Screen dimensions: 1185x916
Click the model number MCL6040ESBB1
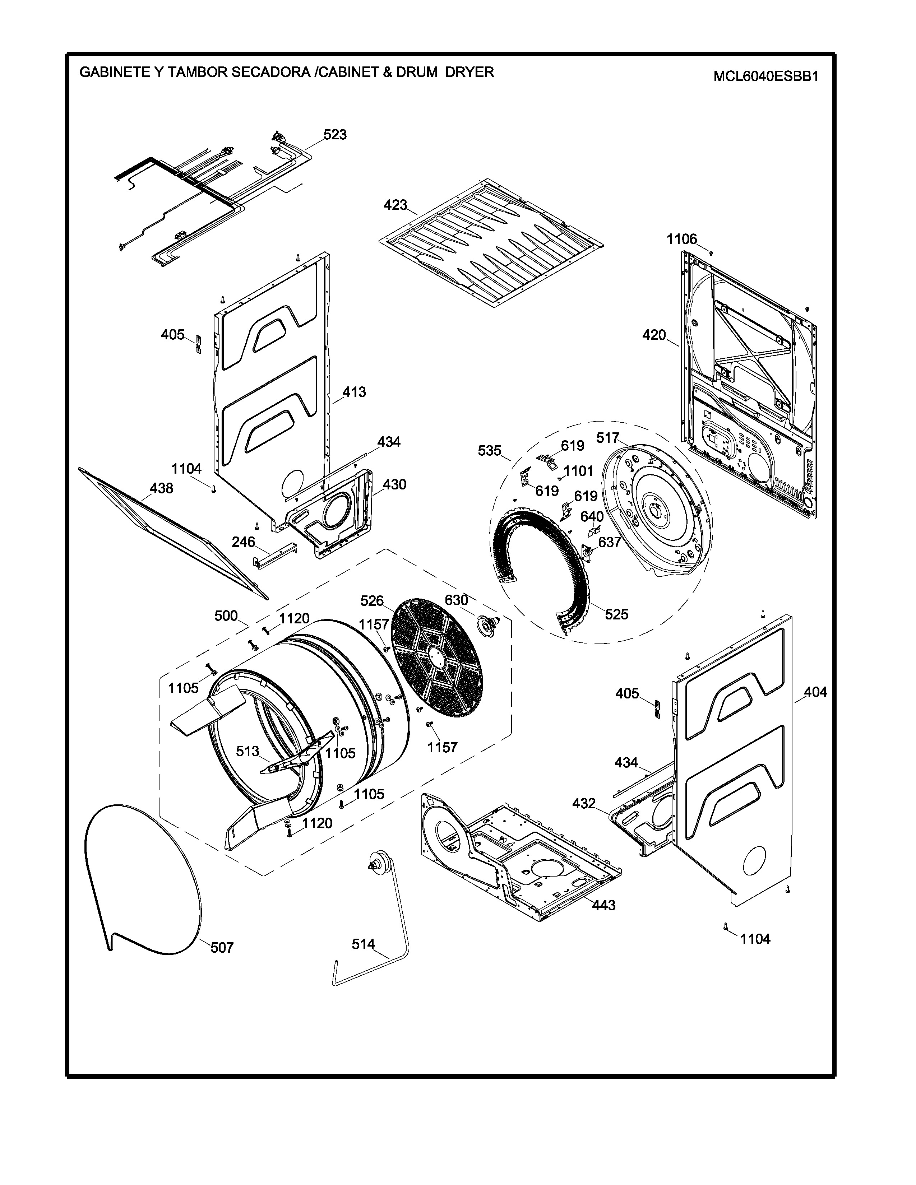pyautogui.click(x=765, y=76)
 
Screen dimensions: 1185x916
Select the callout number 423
pyautogui.click(x=395, y=205)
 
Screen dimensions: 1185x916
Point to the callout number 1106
pyautogui.click(x=681, y=239)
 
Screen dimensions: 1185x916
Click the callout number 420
pyautogui.click(x=654, y=335)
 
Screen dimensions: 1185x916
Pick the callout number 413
pyautogui.click(x=354, y=392)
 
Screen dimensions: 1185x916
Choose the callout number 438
pyautogui.click(x=162, y=488)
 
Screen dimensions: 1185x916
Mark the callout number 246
pyautogui.click(x=243, y=542)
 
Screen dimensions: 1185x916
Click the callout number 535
pyautogui.click(x=490, y=450)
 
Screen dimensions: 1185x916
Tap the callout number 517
pyautogui.click(x=608, y=438)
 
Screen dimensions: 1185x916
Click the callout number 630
pyautogui.click(x=456, y=600)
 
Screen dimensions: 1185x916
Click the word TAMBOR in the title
pyautogui.click(x=198, y=72)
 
